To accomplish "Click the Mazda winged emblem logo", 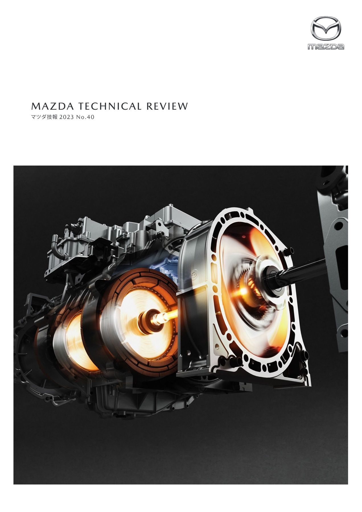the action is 326,28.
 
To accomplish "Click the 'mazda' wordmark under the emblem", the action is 326,46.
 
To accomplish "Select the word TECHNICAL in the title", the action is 110,106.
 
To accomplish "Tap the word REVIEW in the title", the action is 167,106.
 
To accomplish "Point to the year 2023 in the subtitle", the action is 66,117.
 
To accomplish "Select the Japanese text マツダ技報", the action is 44,117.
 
